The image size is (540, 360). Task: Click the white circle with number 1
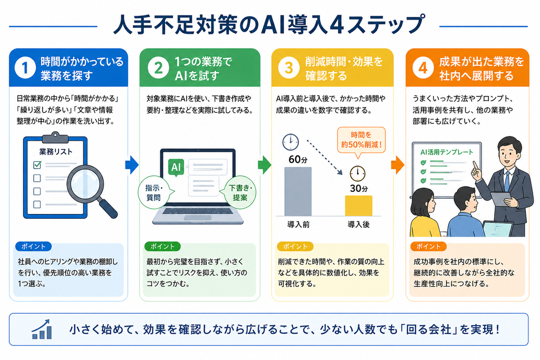[25, 67]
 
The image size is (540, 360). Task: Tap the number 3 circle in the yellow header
[288, 67]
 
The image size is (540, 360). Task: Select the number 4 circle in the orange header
[423, 67]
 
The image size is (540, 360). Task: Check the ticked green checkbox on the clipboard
[37, 165]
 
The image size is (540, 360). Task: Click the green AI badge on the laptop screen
[176, 167]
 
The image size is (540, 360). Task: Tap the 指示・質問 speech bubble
[154, 193]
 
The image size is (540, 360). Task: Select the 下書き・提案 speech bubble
[240, 193]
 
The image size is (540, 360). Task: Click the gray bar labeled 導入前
[298, 191]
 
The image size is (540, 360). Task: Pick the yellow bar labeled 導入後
[359, 206]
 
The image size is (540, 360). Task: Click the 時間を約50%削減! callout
[361, 140]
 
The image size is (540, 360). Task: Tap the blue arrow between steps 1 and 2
[132, 165]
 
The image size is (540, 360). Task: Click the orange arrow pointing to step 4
[398, 165]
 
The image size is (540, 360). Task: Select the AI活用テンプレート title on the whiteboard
[447, 152]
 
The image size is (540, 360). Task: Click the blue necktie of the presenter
[507, 181]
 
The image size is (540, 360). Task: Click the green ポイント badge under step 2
[162, 247]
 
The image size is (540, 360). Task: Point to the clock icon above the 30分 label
[358, 174]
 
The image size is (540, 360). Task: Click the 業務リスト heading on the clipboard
[56, 152]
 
